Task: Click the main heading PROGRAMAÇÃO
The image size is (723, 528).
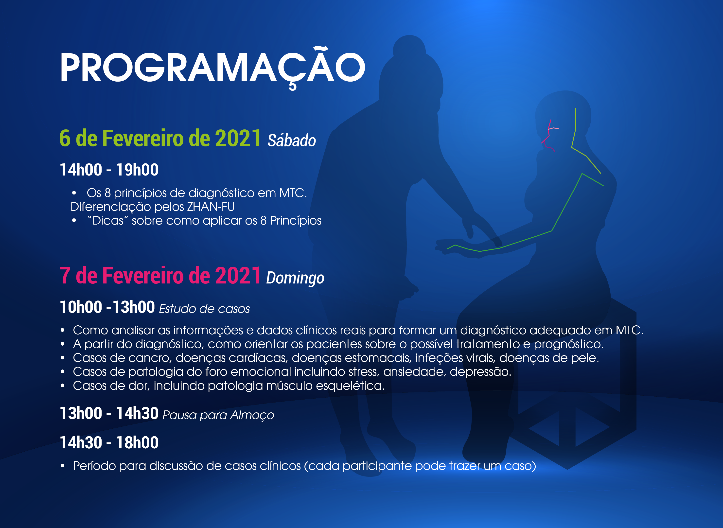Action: [212, 68]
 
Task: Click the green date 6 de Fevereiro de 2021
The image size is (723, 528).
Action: [160, 138]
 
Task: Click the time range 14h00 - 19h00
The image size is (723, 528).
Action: [109, 170]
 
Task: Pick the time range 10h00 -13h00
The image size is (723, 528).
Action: [107, 307]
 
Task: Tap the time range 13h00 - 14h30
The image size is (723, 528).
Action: [109, 413]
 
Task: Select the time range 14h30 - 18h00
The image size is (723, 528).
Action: [109, 443]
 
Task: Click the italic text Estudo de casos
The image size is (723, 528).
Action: [205, 309]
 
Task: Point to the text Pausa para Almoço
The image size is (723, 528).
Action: [218, 415]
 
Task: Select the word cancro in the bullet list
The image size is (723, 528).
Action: [150, 358]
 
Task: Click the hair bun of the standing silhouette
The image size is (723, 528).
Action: [409, 48]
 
